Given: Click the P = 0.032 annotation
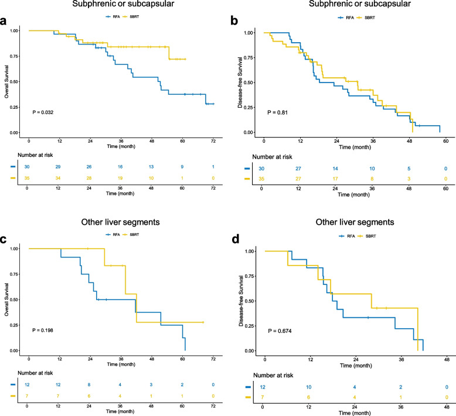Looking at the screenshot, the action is tap(43, 112).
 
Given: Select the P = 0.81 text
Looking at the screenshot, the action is tap(277, 112).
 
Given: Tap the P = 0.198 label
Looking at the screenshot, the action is tap(43, 331).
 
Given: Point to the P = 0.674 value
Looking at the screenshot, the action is tap(280, 331).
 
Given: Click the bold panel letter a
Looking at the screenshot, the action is tap(3, 21).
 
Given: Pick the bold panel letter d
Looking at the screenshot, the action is tap(235, 239).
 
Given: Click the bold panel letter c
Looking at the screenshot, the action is tap(3, 239).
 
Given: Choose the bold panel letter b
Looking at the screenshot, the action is tap(234, 20).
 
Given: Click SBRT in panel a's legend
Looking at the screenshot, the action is tap(134, 17).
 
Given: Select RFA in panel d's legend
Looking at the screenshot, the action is tap(351, 236).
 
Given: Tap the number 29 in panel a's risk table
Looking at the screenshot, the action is tap(58, 167).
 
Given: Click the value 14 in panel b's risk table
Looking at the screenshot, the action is tap(335, 169).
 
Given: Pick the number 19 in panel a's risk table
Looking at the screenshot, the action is tap(120, 178).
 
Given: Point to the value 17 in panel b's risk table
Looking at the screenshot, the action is tap(335, 179).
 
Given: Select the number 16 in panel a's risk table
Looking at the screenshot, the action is tap(120, 167).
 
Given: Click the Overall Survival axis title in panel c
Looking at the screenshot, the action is tap(6, 300).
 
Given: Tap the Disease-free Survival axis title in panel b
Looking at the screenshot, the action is tap(240, 82).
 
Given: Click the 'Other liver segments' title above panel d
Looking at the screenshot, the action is tap(355, 222).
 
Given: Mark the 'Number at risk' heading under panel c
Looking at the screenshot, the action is tap(35, 373).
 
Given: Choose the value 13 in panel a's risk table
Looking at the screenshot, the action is tap(151, 167).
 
